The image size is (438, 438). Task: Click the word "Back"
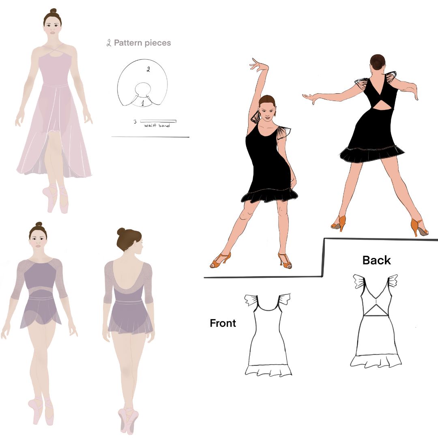click(376, 260)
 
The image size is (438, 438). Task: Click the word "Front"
click(223, 323)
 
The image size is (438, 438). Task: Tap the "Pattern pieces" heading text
click(142, 43)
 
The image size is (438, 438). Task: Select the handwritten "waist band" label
click(157, 125)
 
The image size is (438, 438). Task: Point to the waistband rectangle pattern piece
click(158, 121)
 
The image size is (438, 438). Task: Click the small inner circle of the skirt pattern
click(143, 89)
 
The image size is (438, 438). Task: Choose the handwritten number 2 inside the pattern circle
click(148, 69)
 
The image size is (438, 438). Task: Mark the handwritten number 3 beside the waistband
click(135, 122)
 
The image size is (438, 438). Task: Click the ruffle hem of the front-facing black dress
click(269, 195)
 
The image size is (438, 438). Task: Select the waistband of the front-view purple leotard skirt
click(41, 298)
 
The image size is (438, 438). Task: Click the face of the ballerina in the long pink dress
click(52, 26)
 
